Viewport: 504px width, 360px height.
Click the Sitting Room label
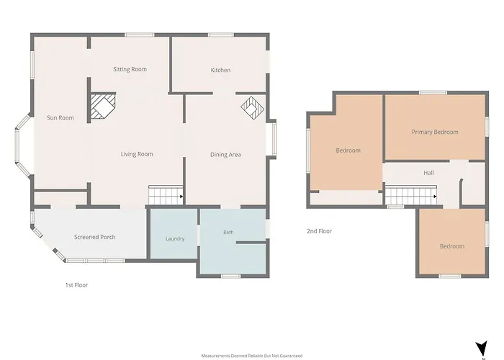point(130,69)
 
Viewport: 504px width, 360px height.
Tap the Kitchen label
point(220,70)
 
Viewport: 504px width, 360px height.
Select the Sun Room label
point(60,117)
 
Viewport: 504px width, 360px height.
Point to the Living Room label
point(137,154)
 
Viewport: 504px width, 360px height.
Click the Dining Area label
point(225,155)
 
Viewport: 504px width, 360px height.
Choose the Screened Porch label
point(95,237)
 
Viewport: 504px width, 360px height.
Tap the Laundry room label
point(175,238)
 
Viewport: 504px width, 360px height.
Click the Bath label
point(228,232)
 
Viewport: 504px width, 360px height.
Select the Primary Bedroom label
point(435,132)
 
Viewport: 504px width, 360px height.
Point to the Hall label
point(428,173)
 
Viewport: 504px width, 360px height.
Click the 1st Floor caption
point(76,285)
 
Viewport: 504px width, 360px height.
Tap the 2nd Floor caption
point(319,231)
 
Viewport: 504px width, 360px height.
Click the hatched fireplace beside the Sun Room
point(103,107)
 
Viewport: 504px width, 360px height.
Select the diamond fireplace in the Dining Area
point(252,108)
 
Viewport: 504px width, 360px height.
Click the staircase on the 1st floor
point(166,195)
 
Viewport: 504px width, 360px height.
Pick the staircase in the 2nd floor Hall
point(411,195)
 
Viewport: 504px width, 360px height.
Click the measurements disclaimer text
point(252,356)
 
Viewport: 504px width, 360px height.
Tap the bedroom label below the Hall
point(452,246)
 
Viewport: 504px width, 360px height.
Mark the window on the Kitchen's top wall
point(221,35)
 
